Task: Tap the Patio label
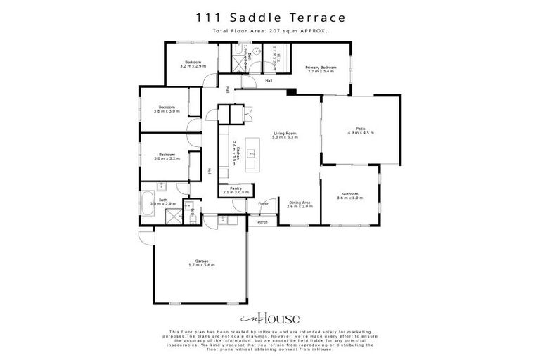[x=361, y=127]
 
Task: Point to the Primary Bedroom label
[x=319, y=67]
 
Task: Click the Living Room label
[x=285, y=134]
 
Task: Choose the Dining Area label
[x=299, y=202]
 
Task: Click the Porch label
[x=262, y=222]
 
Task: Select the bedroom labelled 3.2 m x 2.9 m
[x=193, y=63]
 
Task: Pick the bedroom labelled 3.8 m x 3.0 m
[x=167, y=107]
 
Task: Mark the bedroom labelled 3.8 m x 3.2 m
[x=167, y=154]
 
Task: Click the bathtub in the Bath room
[x=147, y=206]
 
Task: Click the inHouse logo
[x=270, y=318]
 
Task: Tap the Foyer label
[x=264, y=203]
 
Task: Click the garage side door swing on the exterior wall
[x=145, y=238]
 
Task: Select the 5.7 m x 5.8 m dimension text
[x=201, y=265]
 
